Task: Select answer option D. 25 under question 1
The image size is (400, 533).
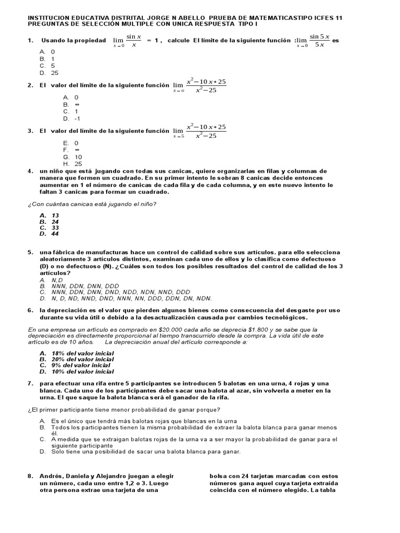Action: [49, 73]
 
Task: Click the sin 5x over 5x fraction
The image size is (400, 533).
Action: [317, 41]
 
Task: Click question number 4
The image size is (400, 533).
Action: [30, 171]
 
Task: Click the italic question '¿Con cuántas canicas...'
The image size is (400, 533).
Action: [92, 204]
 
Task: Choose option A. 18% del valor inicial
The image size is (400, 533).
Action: [77, 353]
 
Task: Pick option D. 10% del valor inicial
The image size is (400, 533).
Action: [77, 372]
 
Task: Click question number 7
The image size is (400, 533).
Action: [30, 383]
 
